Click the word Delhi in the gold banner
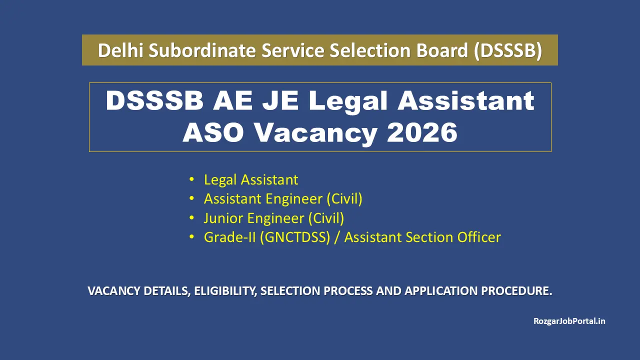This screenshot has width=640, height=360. (x=117, y=50)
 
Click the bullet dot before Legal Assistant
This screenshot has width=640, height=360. (x=192, y=179)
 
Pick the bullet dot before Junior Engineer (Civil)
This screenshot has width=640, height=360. (x=192, y=218)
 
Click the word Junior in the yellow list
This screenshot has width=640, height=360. (x=223, y=218)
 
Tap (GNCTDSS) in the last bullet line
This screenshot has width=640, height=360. (x=295, y=237)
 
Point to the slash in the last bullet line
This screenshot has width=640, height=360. (x=337, y=237)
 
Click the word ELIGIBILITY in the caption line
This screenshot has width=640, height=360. (x=224, y=291)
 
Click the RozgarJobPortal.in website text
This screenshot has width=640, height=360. (x=569, y=321)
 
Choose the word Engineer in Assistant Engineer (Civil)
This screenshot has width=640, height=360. (x=294, y=199)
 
